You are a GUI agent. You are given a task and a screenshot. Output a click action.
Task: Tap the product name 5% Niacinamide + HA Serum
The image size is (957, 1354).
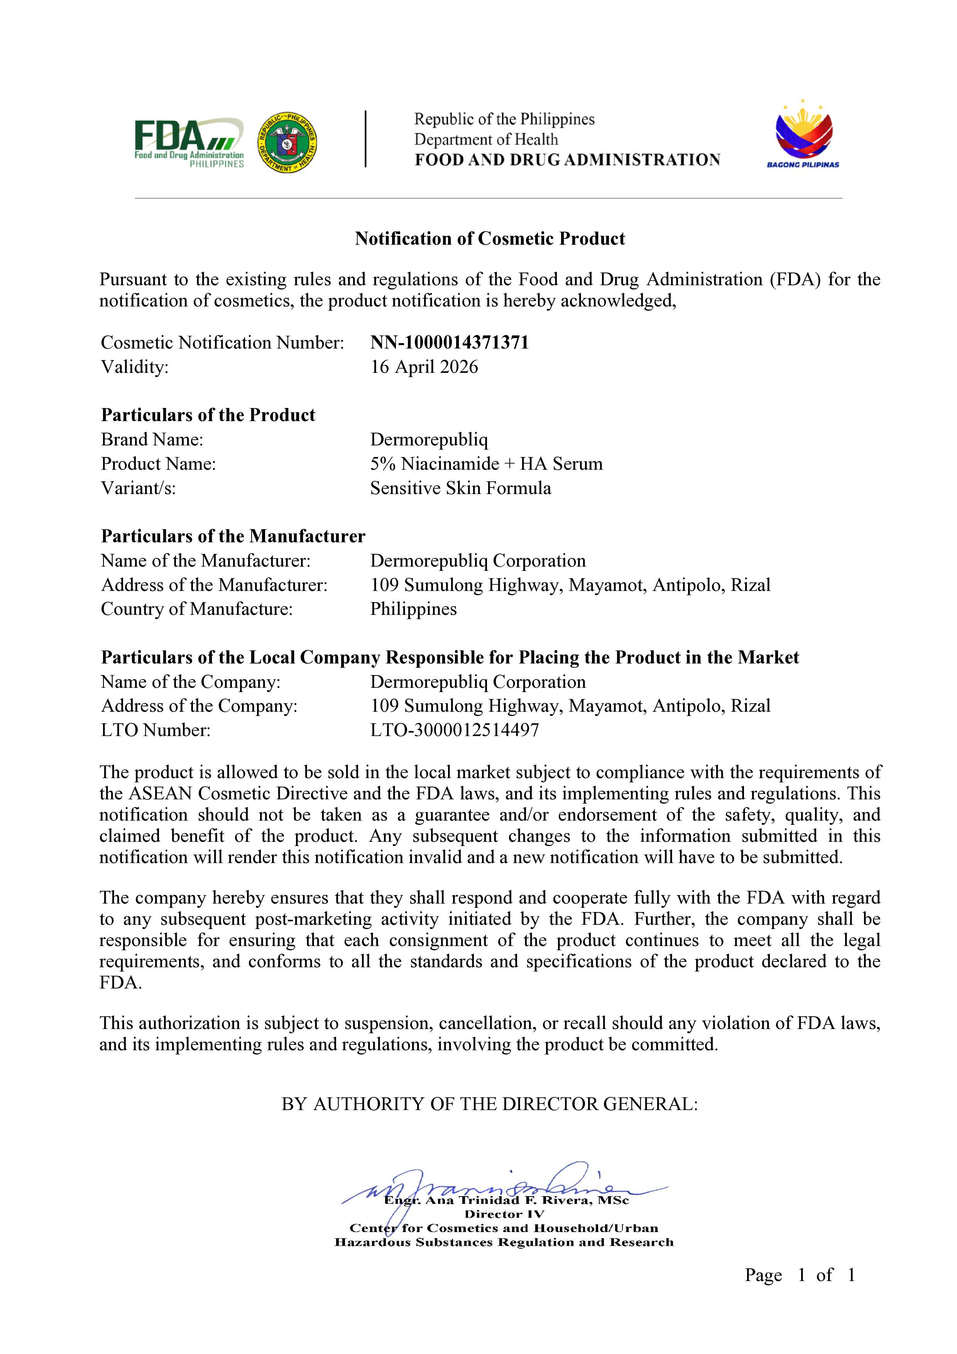[x=487, y=464]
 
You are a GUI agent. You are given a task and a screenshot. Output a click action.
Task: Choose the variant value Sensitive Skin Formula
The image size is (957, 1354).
[x=460, y=488]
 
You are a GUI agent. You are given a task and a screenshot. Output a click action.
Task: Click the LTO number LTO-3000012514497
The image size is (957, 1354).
[x=455, y=730]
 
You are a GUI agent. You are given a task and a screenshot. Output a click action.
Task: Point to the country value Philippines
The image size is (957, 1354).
[x=413, y=609]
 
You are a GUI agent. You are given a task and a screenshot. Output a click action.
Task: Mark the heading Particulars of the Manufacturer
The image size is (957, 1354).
[x=233, y=536]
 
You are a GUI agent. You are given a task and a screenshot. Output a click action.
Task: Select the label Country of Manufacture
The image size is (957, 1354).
[x=197, y=609]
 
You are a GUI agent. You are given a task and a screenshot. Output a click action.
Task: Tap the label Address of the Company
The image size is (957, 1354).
[x=199, y=706]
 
